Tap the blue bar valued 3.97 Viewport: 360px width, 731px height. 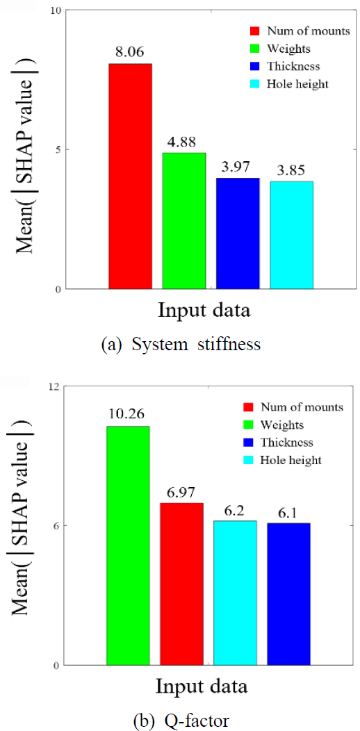click(238, 233)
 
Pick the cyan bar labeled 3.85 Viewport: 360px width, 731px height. click(291, 234)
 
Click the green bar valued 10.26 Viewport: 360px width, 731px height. click(128, 545)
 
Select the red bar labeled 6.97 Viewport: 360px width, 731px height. click(181, 584)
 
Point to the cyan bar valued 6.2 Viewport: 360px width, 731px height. click(235, 593)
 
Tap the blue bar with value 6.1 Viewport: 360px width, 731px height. click(288, 594)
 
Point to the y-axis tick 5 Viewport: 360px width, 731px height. click(58, 149)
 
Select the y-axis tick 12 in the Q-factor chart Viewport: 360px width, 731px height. click(54, 386)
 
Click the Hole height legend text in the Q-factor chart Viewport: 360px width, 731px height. click(291, 460)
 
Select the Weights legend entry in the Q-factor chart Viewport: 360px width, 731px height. click(282, 425)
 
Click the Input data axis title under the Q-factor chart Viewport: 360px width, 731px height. click(201, 687)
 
